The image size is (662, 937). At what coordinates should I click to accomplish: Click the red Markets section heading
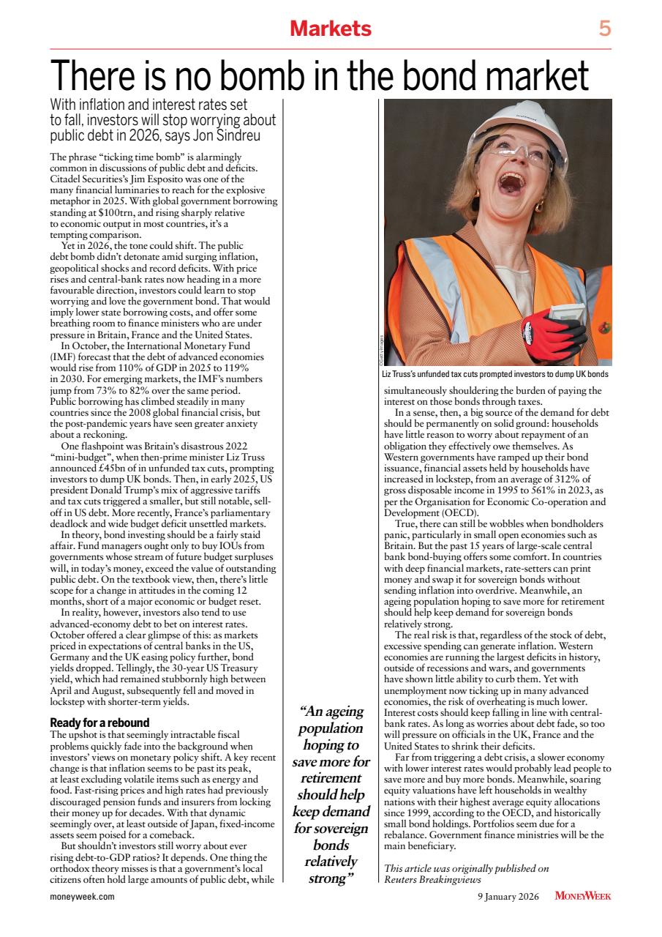click(331, 29)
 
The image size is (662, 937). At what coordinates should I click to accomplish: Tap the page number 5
click(604, 29)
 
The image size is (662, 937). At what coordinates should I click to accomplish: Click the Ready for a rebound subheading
click(99, 722)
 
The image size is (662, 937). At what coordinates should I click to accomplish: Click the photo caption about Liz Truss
click(495, 375)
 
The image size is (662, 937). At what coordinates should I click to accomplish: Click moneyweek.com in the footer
click(83, 895)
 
